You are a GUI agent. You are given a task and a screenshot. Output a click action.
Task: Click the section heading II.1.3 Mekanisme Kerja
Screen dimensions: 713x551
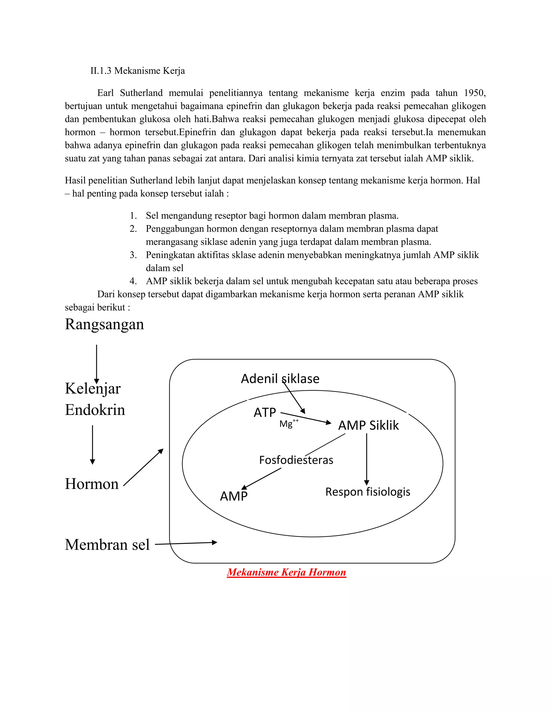(x=137, y=70)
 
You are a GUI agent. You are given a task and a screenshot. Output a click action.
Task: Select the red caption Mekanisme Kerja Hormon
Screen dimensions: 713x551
(x=286, y=572)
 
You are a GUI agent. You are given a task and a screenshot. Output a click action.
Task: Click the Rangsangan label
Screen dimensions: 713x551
(x=104, y=324)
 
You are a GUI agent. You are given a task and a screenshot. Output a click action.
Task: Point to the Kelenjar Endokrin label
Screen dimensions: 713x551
(x=95, y=399)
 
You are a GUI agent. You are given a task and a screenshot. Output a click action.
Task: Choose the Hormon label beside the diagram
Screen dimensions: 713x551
(x=92, y=483)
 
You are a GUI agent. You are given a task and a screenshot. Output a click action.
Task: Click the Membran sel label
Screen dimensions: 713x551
(x=107, y=545)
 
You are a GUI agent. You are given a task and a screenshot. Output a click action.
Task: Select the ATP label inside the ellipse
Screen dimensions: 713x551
(x=265, y=412)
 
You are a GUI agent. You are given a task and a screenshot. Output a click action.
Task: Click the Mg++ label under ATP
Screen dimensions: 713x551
(x=289, y=423)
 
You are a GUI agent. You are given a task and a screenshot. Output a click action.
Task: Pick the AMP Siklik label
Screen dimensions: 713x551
(x=369, y=425)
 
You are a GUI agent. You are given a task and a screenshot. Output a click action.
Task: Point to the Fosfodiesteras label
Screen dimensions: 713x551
(x=296, y=460)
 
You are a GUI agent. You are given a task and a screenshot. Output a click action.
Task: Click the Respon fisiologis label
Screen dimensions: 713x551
(x=368, y=492)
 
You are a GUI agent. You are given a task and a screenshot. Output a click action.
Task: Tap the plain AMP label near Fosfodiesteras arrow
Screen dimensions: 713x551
(x=234, y=496)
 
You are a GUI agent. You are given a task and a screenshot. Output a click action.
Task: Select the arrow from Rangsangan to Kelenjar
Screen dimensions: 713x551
(x=97, y=364)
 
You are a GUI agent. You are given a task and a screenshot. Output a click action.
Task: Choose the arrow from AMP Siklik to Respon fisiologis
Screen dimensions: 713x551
(x=367, y=459)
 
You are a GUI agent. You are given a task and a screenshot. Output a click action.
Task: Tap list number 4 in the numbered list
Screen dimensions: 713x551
(x=133, y=281)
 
